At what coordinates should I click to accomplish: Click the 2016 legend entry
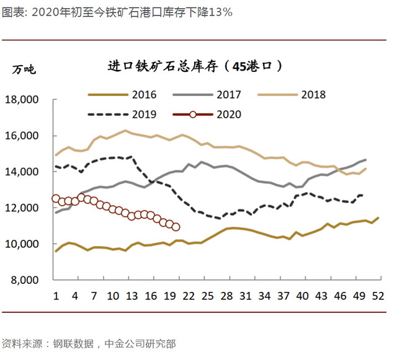pos(122,95)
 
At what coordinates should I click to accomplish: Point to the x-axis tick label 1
pos(56,296)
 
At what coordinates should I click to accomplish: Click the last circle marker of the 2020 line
pos(176,227)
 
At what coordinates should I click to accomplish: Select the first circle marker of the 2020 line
pos(56,199)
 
